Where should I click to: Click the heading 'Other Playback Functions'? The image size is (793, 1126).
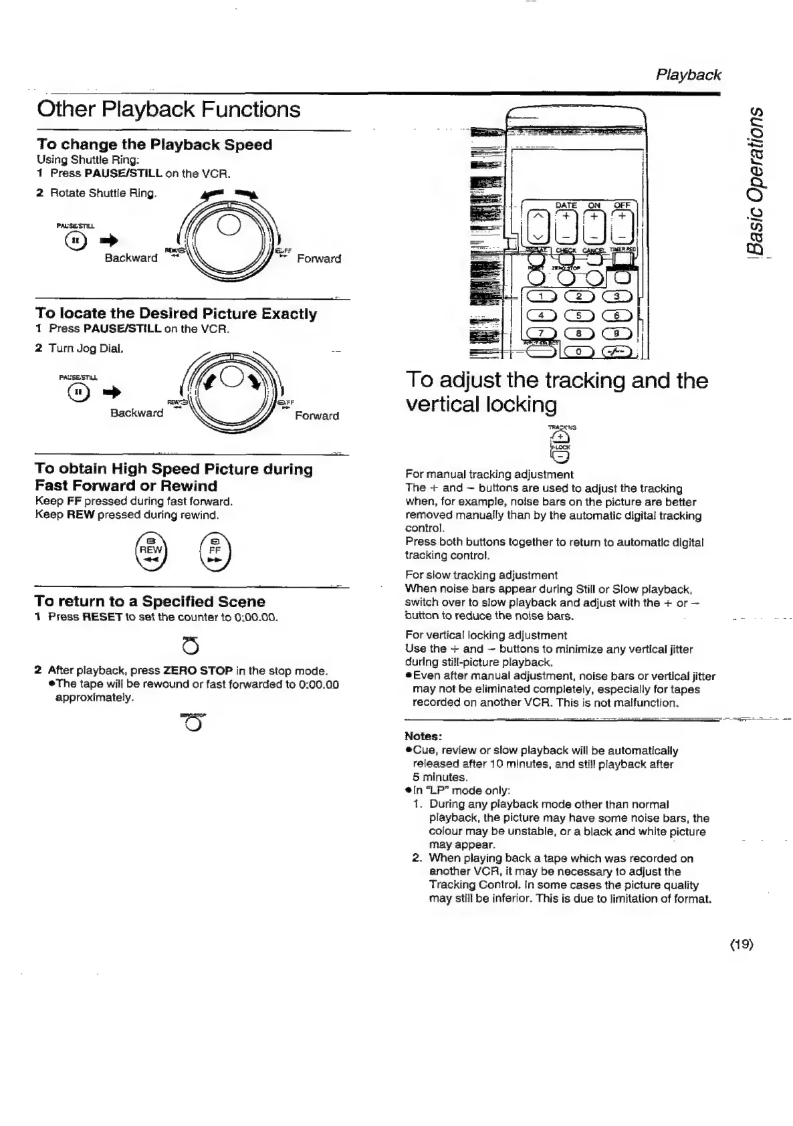click(168, 109)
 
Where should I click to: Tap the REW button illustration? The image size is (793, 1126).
click(150, 550)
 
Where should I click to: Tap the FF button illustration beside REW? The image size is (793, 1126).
click(215, 550)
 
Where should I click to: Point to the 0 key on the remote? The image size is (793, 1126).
click(580, 352)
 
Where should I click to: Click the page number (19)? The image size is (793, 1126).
click(742, 944)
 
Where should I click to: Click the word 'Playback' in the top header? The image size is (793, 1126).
click(688, 75)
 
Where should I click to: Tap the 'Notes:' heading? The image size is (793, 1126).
click(423, 736)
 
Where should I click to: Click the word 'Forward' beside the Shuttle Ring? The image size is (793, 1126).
click(318, 259)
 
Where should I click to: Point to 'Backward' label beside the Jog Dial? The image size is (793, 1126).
click(136, 413)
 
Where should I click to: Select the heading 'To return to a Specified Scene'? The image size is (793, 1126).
click(150, 601)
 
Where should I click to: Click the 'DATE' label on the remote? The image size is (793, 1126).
click(566, 205)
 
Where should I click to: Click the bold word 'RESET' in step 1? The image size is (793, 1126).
click(102, 616)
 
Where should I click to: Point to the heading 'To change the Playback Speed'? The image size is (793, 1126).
click(154, 144)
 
